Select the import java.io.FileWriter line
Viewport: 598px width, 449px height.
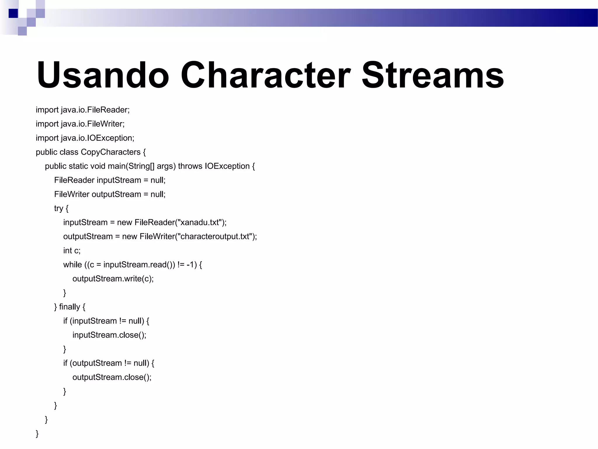pos(80,124)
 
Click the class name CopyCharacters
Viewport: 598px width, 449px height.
pos(111,152)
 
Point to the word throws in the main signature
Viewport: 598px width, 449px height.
pos(190,166)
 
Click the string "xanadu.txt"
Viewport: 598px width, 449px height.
pos(200,222)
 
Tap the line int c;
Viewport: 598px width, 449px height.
pos(72,251)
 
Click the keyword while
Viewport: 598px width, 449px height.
pos(72,265)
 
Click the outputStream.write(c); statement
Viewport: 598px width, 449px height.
pos(113,279)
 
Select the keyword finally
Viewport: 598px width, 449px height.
pos(69,307)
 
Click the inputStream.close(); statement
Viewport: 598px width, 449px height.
pos(109,335)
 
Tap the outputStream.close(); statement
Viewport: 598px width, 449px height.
pos(112,377)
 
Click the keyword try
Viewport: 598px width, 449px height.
pos(58,208)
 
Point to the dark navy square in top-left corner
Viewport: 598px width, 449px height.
pos(13,13)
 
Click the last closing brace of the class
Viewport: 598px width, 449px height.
pos(37,434)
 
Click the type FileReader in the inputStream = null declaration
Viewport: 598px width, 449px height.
pos(74,180)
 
